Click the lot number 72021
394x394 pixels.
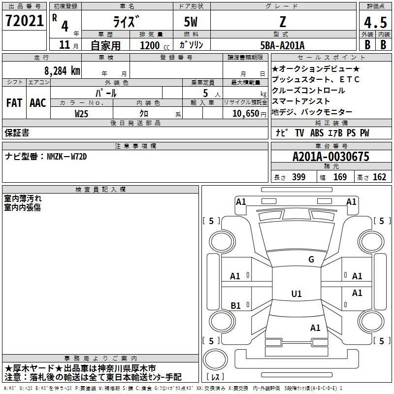24,21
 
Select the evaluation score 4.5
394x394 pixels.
375,22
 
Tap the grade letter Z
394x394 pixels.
283,22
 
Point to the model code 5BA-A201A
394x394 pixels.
282,45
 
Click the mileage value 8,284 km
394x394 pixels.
62,71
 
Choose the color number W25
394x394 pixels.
81,114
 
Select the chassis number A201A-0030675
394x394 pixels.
331,157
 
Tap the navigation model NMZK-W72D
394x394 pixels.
67,157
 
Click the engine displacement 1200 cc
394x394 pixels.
155,46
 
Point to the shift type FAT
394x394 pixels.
14,103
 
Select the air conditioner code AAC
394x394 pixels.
38,103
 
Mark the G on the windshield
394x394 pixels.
311,260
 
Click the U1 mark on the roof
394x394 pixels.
296,294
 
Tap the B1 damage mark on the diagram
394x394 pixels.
236,305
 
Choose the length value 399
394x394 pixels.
299,177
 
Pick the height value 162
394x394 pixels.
379,177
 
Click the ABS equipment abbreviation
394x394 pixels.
317,133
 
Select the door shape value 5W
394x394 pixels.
191,22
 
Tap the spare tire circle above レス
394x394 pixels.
215,360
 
